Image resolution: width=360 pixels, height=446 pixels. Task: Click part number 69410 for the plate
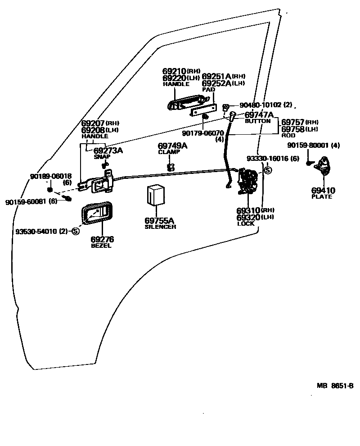click(323, 191)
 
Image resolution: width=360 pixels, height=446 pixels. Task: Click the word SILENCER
click(160, 227)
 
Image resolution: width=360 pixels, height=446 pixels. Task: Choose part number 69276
click(102, 240)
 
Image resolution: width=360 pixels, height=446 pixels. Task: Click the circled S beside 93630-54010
click(75, 232)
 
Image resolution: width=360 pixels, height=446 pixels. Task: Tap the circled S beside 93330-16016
click(267, 170)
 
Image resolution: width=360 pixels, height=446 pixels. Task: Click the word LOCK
click(246, 223)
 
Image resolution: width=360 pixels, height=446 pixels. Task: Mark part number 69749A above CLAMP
click(172, 146)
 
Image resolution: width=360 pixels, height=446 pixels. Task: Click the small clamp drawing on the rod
click(171, 168)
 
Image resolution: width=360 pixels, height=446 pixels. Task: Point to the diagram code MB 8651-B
click(335, 386)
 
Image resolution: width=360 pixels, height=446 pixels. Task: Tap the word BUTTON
click(257, 121)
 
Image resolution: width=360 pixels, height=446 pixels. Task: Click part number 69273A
click(108, 150)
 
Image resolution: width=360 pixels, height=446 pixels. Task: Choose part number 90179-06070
click(202, 133)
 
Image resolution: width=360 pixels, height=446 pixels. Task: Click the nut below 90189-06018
click(50, 190)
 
